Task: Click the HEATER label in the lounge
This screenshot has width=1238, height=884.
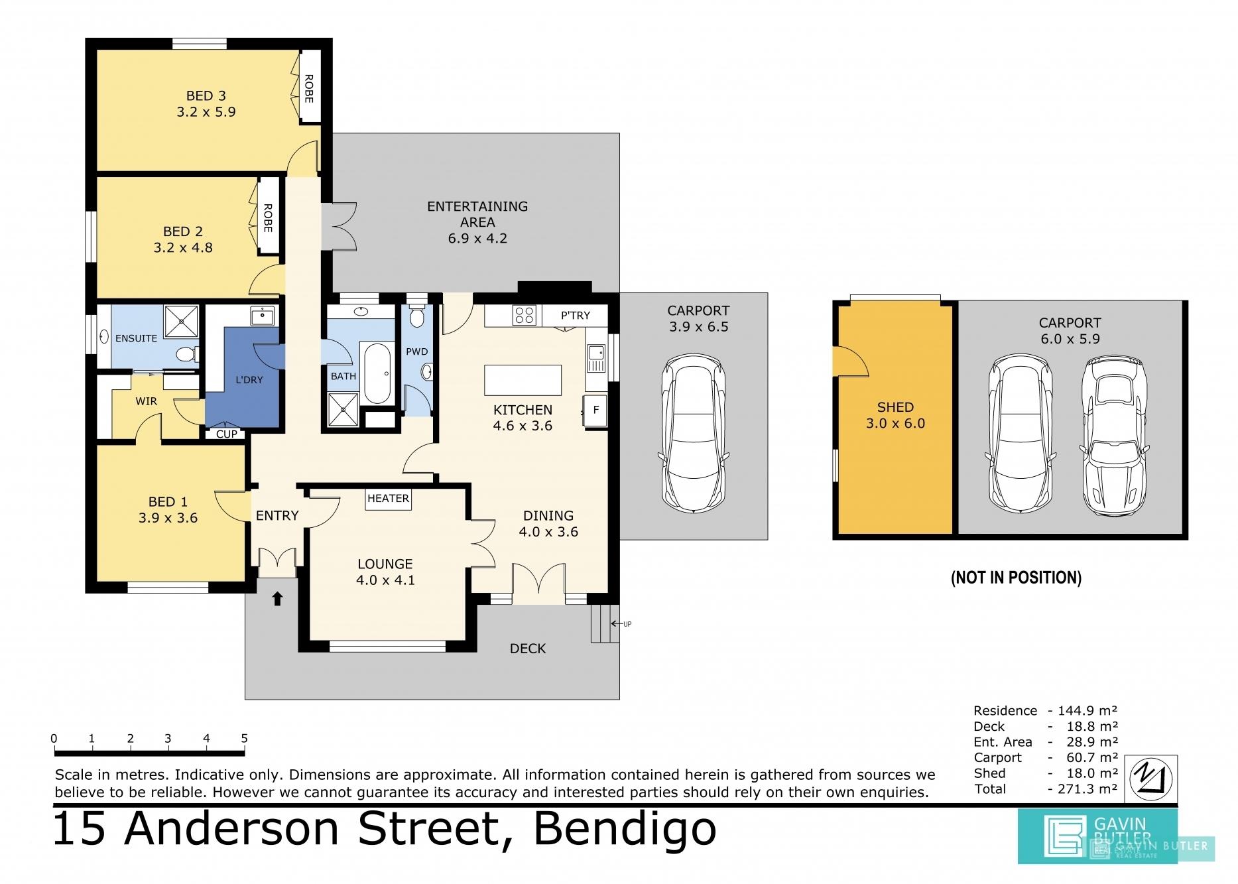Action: (x=388, y=498)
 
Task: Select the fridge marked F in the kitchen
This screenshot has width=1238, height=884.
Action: (x=595, y=410)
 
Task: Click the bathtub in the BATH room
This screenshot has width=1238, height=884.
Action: (x=377, y=373)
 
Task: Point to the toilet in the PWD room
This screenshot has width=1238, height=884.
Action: (x=417, y=316)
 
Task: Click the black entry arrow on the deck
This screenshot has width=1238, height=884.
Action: (x=277, y=599)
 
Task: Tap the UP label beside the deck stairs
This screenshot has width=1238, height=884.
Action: (x=627, y=624)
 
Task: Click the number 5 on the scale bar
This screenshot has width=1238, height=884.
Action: (x=244, y=739)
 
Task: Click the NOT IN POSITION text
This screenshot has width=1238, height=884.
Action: (x=1016, y=578)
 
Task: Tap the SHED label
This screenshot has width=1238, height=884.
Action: (x=895, y=407)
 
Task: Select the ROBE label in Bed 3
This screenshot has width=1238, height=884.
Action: (x=308, y=88)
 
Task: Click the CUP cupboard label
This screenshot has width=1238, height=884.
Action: (x=227, y=434)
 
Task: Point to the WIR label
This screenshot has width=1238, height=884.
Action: (x=146, y=401)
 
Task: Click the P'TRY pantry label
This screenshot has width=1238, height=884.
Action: (x=575, y=316)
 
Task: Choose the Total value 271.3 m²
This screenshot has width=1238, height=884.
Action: (x=1083, y=789)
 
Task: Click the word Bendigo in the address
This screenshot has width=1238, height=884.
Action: (x=625, y=828)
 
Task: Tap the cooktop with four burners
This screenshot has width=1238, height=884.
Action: (x=524, y=315)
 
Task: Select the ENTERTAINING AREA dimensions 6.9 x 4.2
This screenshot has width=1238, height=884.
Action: (x=477, y=238)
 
